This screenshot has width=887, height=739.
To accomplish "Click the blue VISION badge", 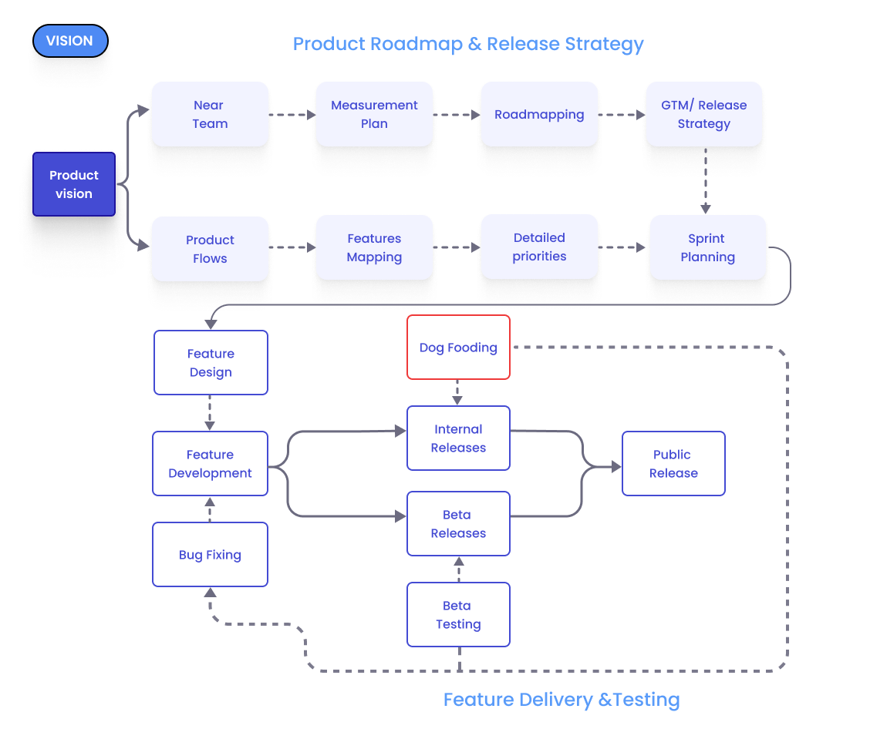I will (x=70, y=41).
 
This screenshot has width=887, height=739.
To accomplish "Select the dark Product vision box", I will (x=74, y=184).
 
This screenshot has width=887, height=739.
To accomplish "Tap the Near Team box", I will (x=210, y=114).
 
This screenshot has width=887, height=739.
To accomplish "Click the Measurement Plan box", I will (x=374, y=114).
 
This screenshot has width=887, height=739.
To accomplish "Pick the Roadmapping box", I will (x=539, y=114).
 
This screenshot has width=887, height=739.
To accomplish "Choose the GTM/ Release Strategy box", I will (x=703, y=114).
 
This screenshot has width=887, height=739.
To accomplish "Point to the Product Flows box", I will (x=210, y=249).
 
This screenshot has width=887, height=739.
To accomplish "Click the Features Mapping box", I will (x=374, y=247).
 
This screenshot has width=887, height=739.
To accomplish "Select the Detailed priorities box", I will (x=539, y=247).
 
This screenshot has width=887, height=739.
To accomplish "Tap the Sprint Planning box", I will (x=707, y=247).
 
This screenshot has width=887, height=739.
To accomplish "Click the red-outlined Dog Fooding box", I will (x=458, y=348).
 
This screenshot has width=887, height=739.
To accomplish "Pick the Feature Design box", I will (x=211, y=363).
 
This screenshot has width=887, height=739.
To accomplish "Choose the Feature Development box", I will (x=210, y=464).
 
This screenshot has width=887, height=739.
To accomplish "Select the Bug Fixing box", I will (x=210, y=555).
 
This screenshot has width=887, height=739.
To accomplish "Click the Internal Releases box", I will (x=458, y=438).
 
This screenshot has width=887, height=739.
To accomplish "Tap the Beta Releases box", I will (x=458, y=524).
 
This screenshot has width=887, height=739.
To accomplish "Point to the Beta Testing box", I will (x=458, y=615).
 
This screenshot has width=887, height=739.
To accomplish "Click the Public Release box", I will (x=673, y=464).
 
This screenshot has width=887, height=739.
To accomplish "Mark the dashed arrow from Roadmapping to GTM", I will (x=622, y=115).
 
